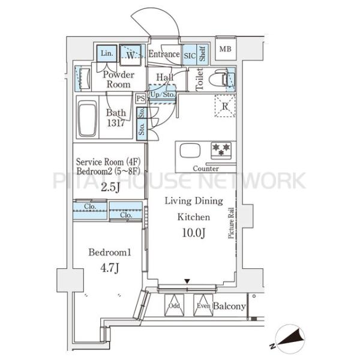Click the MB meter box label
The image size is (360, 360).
point(225,49)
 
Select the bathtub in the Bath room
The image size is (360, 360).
point(87,118)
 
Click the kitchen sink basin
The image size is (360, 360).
point(190,151)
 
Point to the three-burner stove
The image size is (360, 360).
point(221,151)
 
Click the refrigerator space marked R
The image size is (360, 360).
point(225,106)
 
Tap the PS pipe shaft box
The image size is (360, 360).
point(140,98)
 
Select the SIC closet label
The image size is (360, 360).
point(190,56)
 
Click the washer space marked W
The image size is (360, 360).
point(130,55)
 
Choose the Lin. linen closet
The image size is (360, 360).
point(107,53)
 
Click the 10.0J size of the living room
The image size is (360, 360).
point(194,233)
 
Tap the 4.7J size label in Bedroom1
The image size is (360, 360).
point(110,268)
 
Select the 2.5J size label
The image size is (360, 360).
point(110,187)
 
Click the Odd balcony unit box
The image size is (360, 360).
point(174,305)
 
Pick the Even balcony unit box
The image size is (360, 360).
point(203,305)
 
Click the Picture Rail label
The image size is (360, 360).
point(231,223)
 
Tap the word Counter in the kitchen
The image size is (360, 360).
point(206,169)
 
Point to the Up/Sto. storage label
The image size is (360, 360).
point(163,95)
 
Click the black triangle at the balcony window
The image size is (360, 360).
point(187,281)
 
